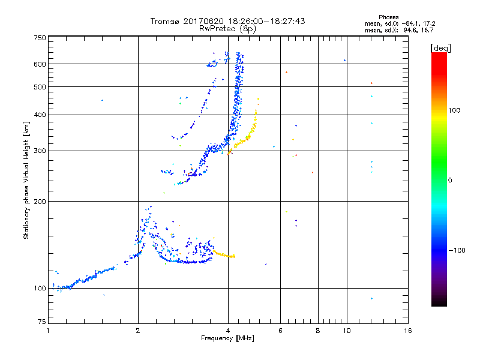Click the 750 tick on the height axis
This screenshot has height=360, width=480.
40,38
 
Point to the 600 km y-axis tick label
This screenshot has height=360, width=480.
40,64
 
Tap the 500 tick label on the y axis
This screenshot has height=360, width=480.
40,87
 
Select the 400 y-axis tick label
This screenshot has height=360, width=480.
40,115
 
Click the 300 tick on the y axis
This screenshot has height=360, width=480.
40,151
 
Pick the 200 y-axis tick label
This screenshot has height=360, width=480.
40,202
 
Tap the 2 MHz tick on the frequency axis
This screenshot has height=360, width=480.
138,331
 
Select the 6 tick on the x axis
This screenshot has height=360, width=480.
281,331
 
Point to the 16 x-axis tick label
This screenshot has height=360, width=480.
407,331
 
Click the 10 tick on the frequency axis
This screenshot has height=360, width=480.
346,331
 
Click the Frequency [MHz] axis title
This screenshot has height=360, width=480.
228,339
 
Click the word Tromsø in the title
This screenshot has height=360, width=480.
165,21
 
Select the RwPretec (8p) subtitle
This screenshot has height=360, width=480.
228,28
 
